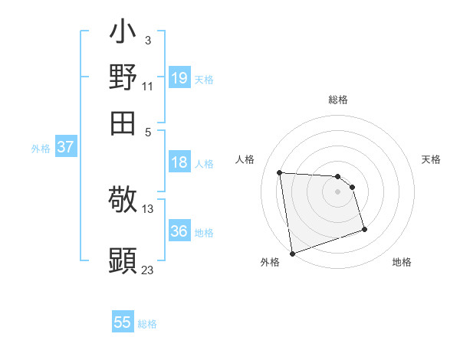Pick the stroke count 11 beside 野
(x=147, y=86)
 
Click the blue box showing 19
(x=179, y=78)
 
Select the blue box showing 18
(x=179, y=162)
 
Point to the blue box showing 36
(x=179, y=231)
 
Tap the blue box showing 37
(x=65, y=147)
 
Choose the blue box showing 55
(x=123, y=322)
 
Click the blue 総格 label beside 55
(x=148, y=324)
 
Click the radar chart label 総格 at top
(x=337, y=100)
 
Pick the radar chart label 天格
(x=432, y=159)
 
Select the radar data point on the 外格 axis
(x=292, y=253)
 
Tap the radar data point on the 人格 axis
(x=280, y=172)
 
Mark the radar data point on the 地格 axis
(x=364, y=229)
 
